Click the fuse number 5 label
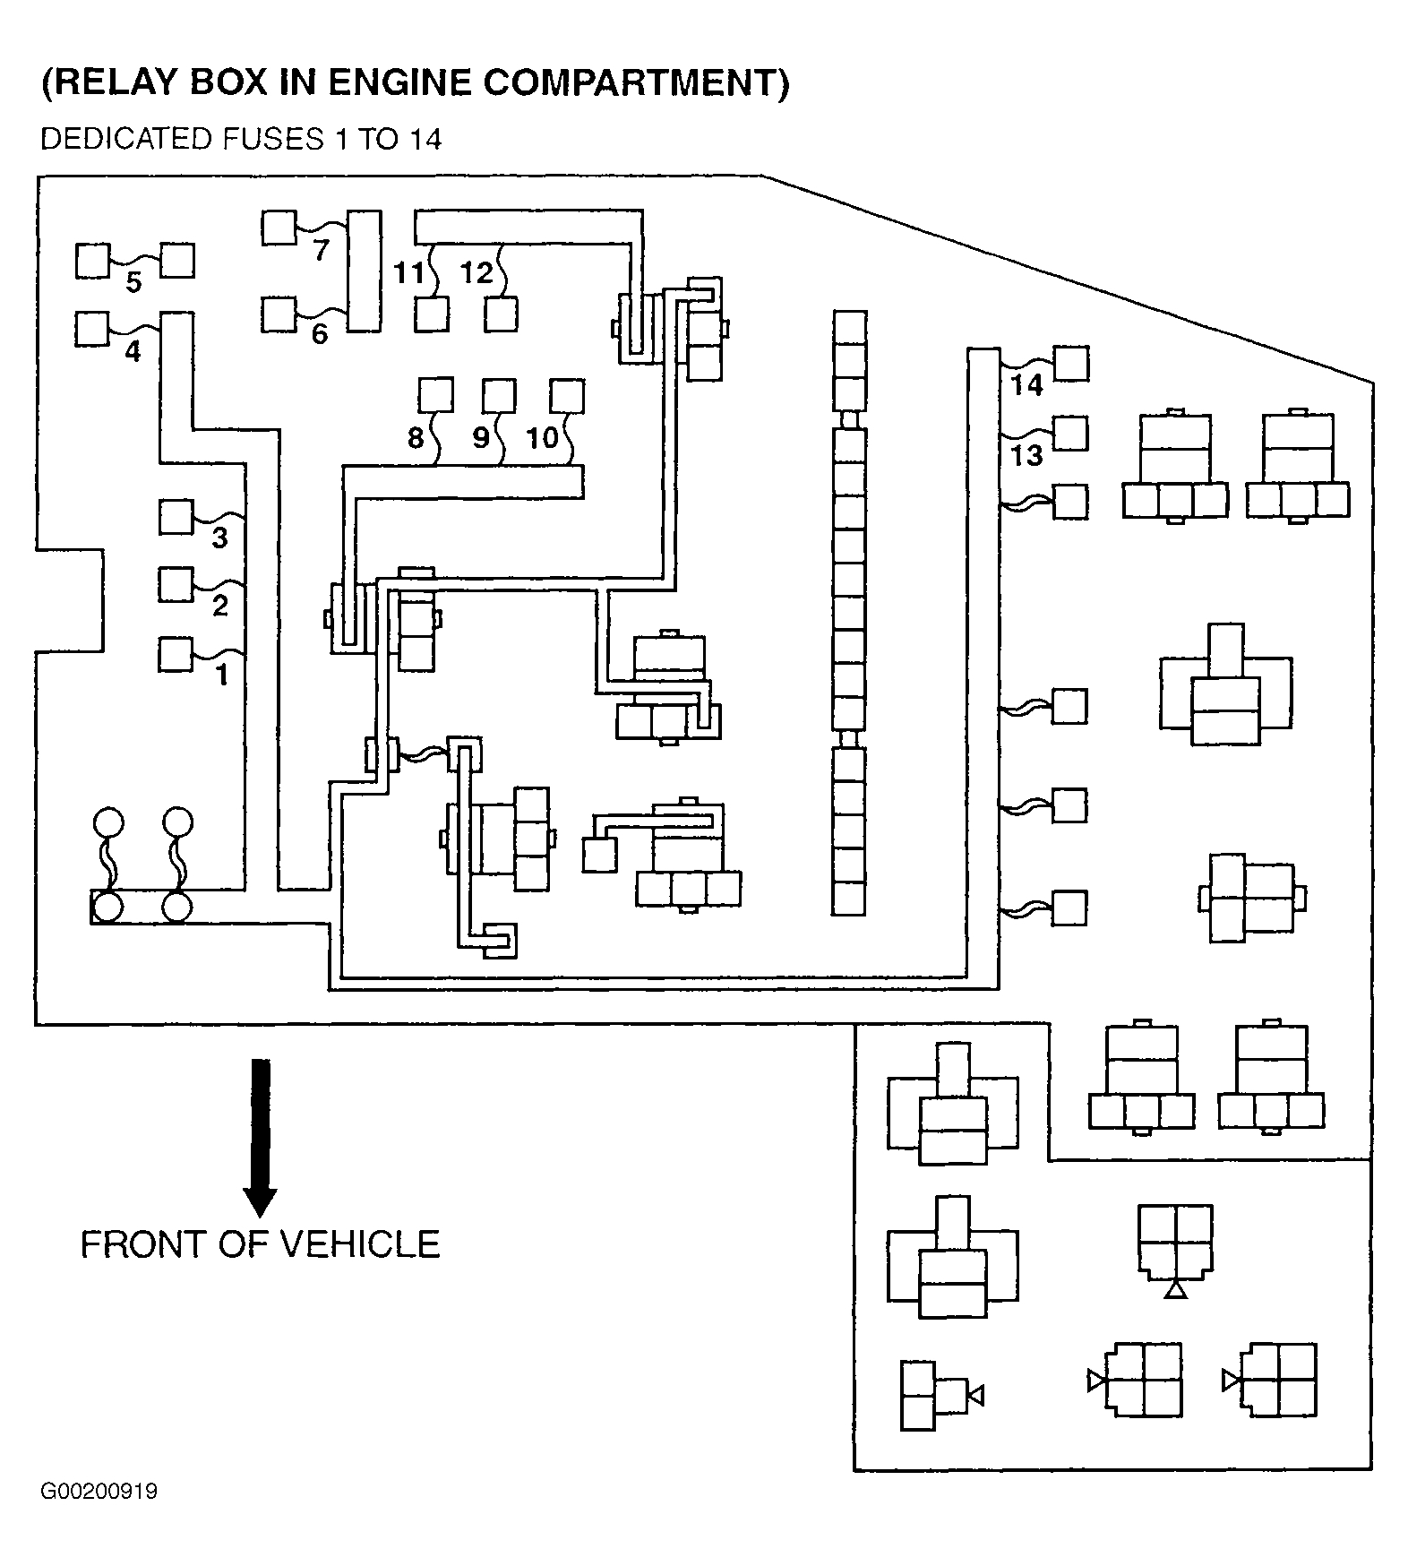pyautogui.click(x=133, y=283)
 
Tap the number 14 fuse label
pyautogui.click(x=1026, y=385)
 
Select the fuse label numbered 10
pyautogui.click(x=543, y=438)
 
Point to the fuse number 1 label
pyautogui.click(x=221, y=674)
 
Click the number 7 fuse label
pyautogui.click(x=321, y=251)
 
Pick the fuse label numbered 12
pyautogui.click(x=476, y=272)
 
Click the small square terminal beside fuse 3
pyautogui.click(x=176, y=517)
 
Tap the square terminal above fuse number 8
pyautogui.click(x=435, y=395)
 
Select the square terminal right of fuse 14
pyautogui.click(x=1071, y=364)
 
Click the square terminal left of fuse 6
pyautogui.click(x=279, y=314)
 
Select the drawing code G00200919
pyautogui.click(x=99, y=1492)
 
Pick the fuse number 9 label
pyautogui.click(x=481, y=438)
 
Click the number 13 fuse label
pyautogui.click(x=1026, y=455)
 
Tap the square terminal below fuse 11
pyautogui.click(x=433, y=314)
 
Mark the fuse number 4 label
pyautogui.click(x=133, y=352)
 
